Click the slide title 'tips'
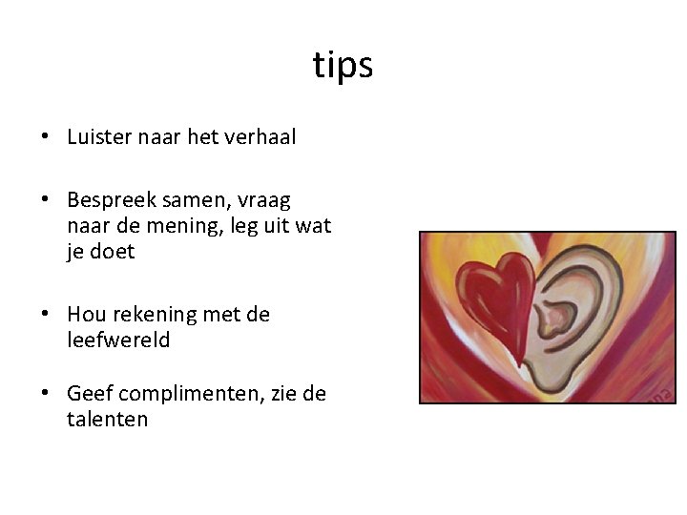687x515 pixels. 343,66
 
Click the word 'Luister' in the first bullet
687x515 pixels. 99,137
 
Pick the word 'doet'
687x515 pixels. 114,252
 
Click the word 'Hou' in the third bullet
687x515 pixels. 85,315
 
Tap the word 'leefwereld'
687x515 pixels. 118,340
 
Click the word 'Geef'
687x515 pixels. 88,394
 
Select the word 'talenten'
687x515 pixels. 107,420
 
